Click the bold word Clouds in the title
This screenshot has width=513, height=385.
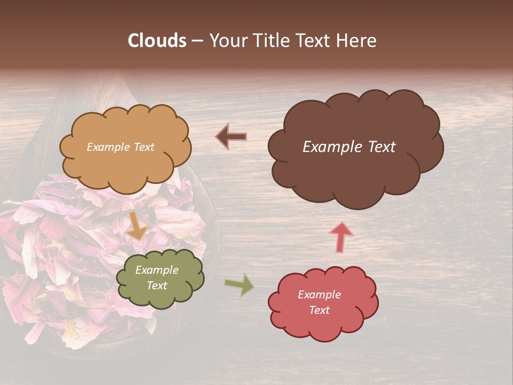pos(157,41)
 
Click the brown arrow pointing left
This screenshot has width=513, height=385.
pos(231,137)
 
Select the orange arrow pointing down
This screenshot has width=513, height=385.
pos(137,226)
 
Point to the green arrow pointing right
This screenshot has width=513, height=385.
pos(239,285)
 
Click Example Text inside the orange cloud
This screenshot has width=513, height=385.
pos(120,147)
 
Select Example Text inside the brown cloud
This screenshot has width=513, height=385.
pos(349,147)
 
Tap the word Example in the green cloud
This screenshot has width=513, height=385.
pos(157,270)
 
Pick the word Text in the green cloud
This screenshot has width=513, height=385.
pos(157,286)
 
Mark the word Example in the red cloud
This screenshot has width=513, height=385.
pos(319,295)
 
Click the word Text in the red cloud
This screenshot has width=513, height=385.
pos(319,310)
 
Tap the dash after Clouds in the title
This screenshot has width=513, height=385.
pos(197,41)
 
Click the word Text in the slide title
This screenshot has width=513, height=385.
pos(313,41)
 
